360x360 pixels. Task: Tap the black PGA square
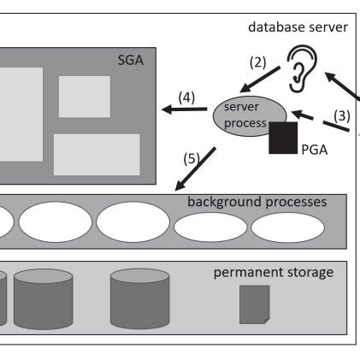point(283,137)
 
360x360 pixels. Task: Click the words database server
point(298,27)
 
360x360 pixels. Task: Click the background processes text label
point(257,203)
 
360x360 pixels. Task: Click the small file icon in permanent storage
point(254,304)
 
